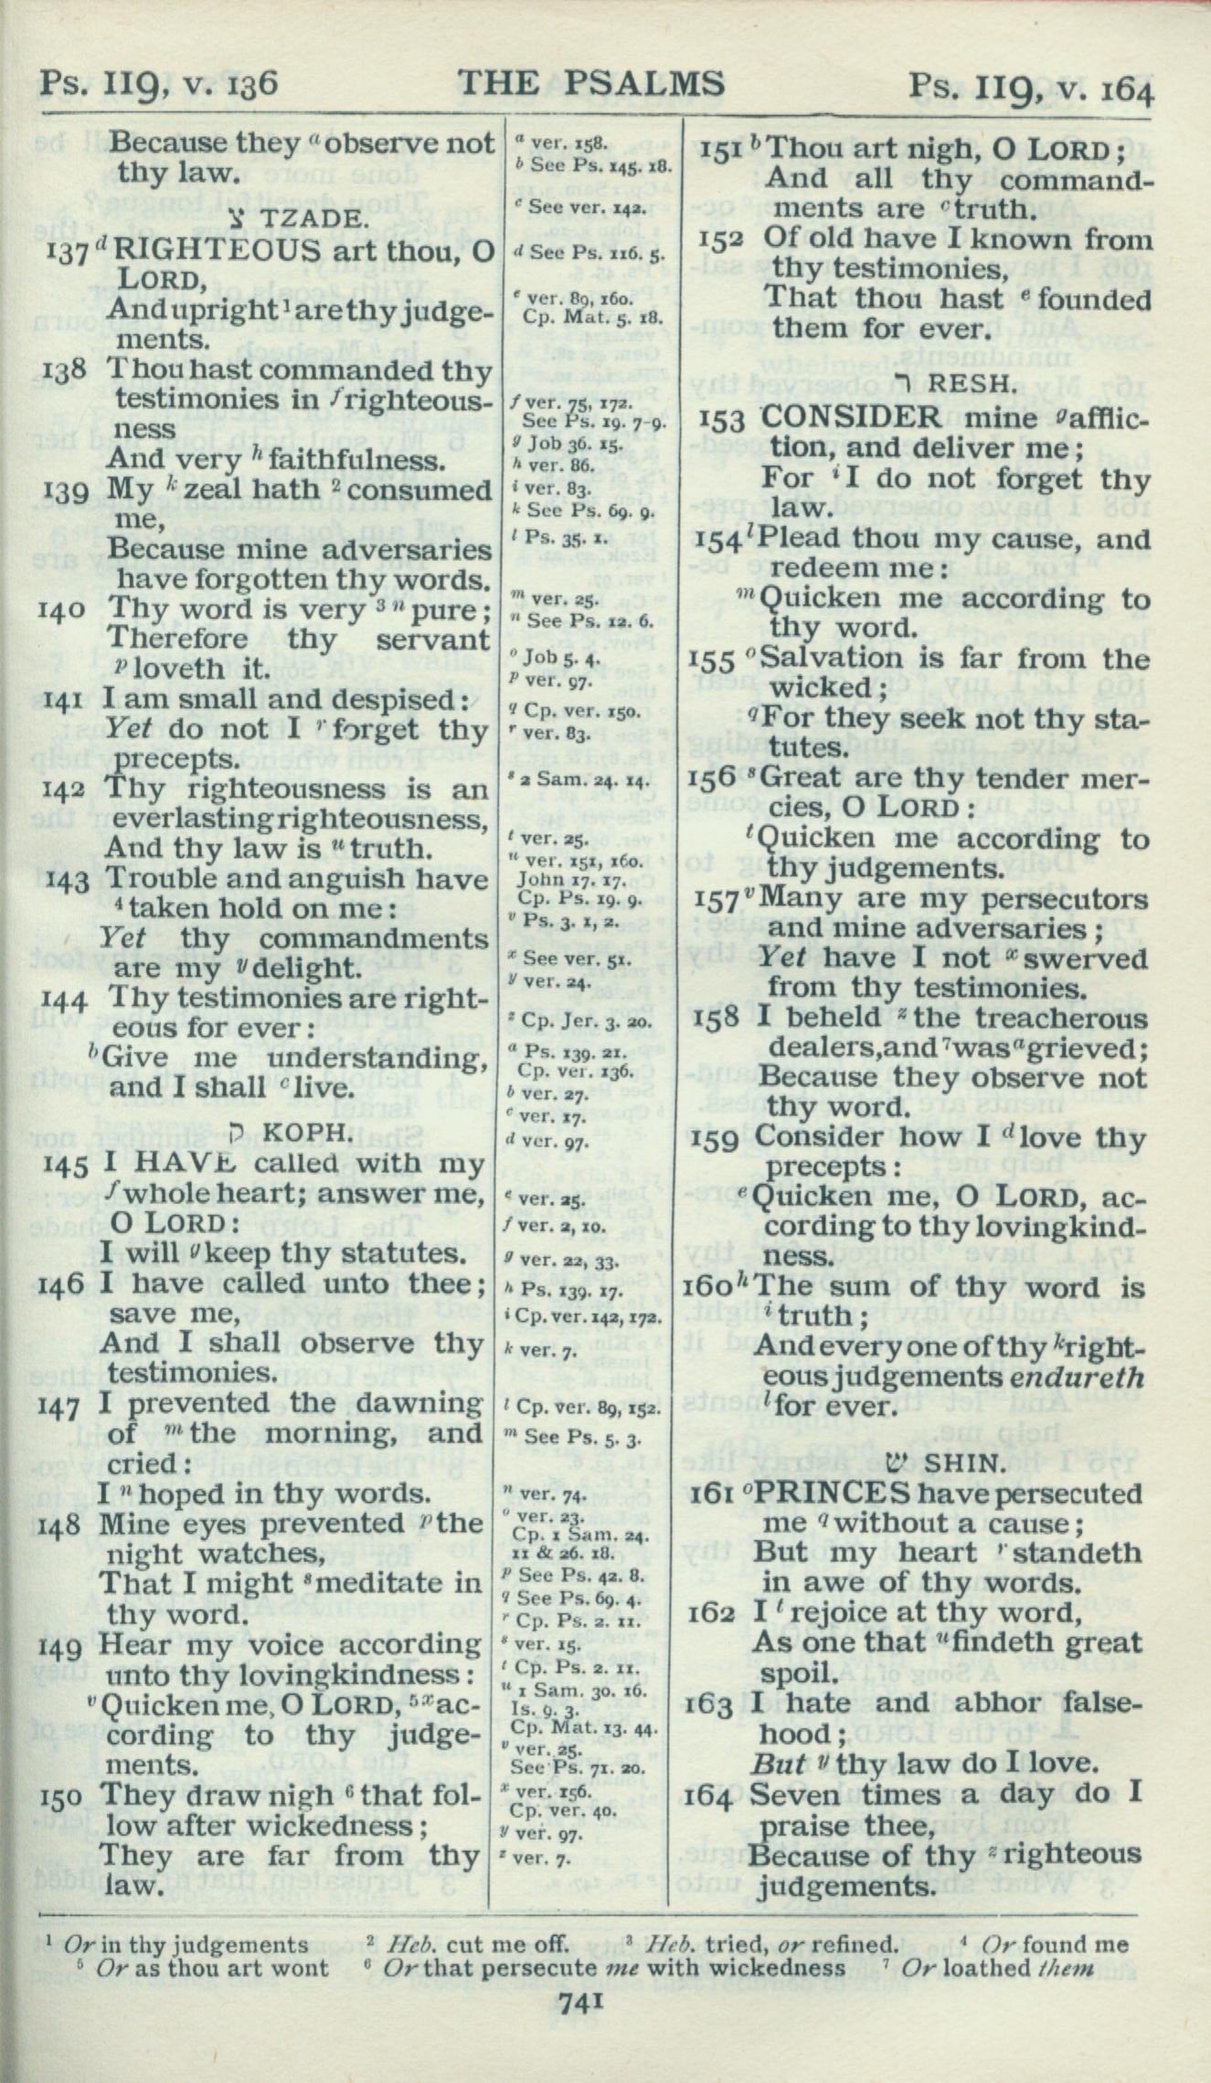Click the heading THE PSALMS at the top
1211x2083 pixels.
[x=591, y=84]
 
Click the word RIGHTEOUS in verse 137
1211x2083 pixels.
[x=216, y=250]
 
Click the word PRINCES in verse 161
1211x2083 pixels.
[x=835, y=1494]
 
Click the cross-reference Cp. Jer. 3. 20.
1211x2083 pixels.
[x=578, y=1022]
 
